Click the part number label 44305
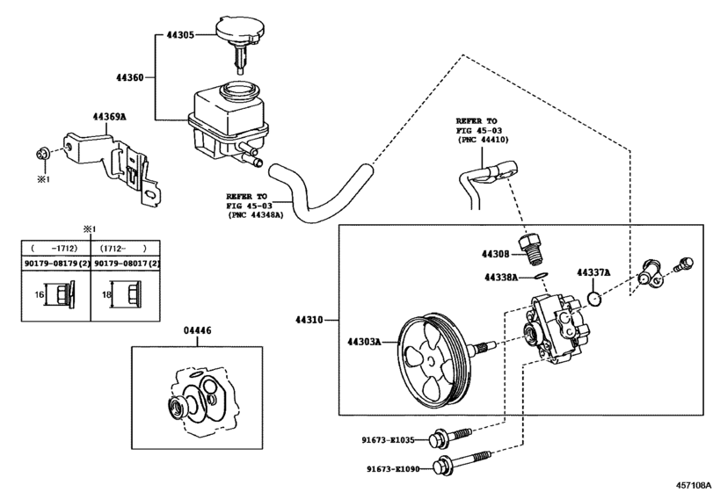[179, 34]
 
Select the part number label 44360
[129, 77]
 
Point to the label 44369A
[110, 117]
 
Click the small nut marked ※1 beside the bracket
[41, 154]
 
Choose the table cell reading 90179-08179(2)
[56, 264]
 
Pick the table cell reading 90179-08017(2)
[127, 264]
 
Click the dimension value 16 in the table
[39, 294]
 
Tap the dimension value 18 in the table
[106, 294]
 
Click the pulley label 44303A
[364, 342]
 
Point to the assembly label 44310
[309, 320]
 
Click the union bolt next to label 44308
[532, 249]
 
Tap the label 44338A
[501, 277]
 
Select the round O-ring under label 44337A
[593, 299]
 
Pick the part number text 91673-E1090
[393, 469]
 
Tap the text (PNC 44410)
[483, 140]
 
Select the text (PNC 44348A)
[255, 215]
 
